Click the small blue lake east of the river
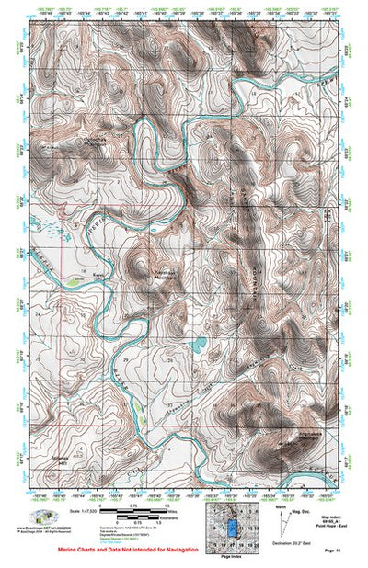197,346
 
